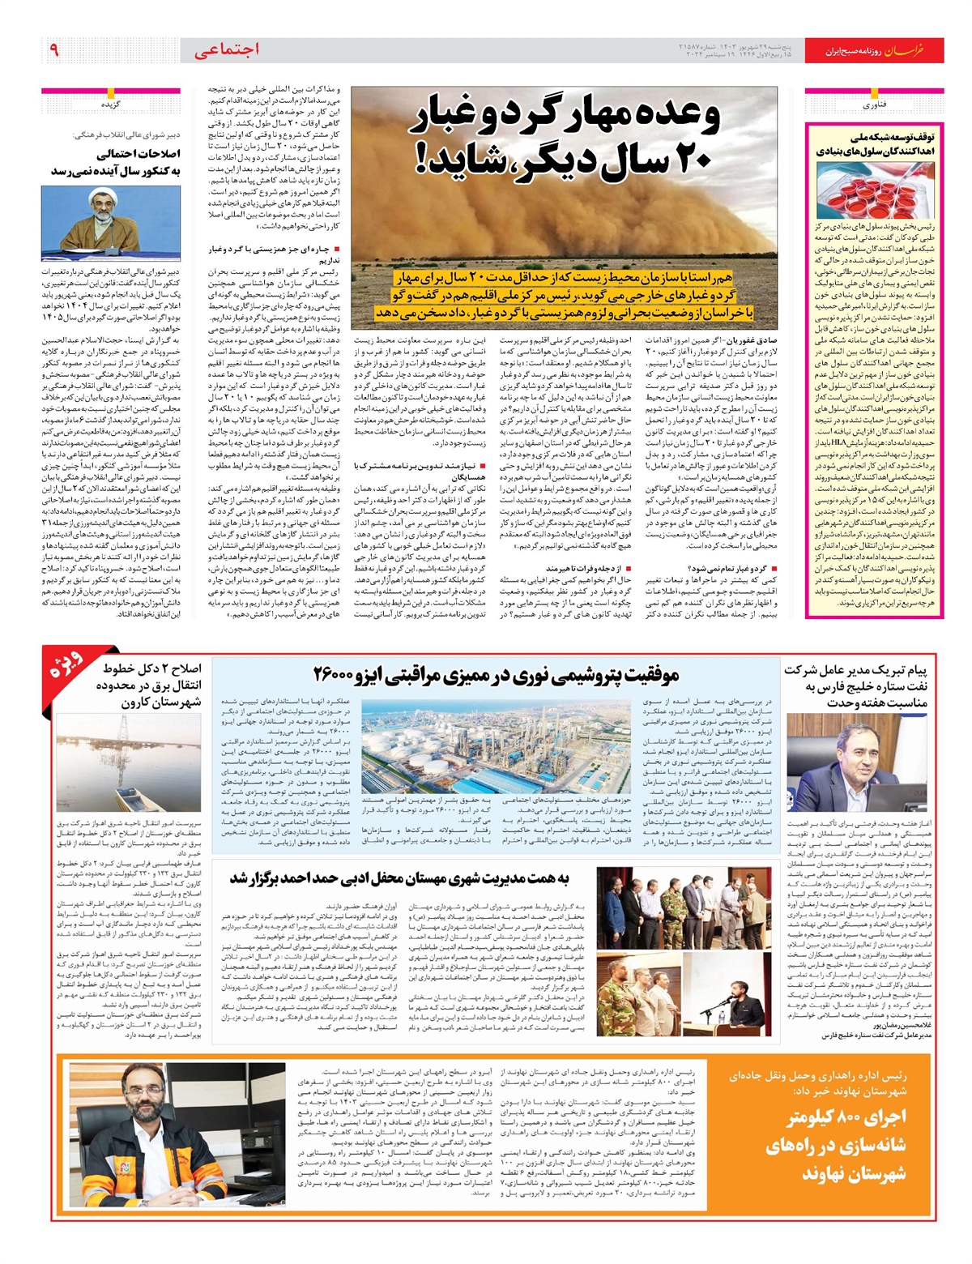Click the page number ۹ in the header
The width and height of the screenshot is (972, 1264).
[54, 50]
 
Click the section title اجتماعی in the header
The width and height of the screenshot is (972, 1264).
[227, 50]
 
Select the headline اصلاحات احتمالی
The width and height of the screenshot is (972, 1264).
[139, 153]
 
